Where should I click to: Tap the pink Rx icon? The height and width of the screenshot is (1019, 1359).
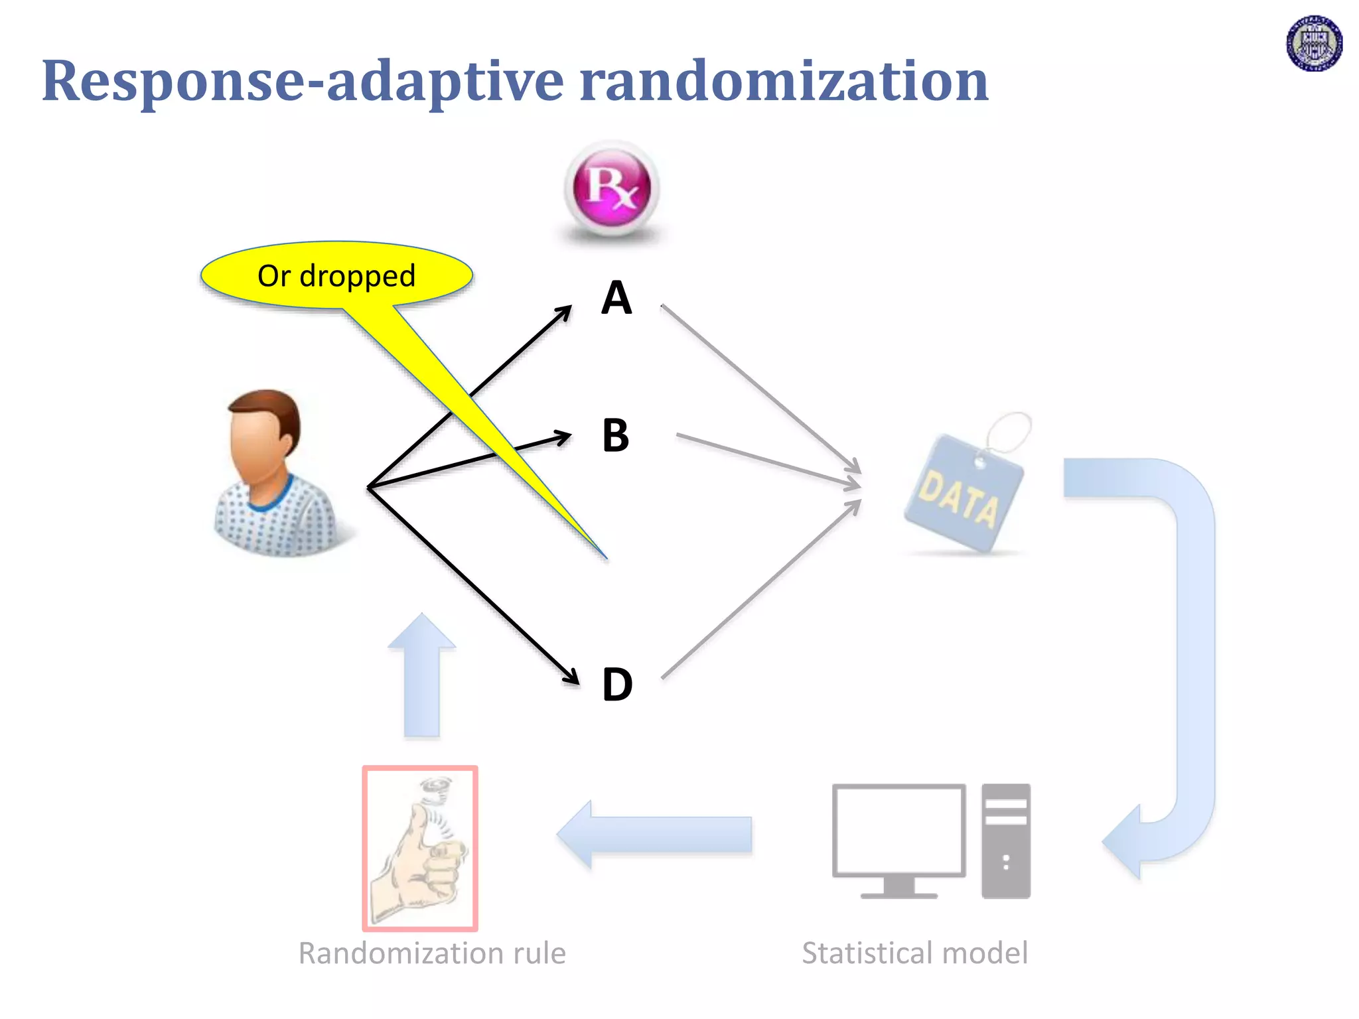(x=611, y=188)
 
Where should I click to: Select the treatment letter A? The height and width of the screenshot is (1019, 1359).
(x=616, y=298)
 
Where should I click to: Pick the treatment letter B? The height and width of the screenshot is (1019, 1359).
(x=616, y=436)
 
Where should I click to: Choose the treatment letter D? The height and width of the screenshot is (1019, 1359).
(x=617, y=685)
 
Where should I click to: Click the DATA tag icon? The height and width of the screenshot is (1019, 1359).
(x=964, y=491)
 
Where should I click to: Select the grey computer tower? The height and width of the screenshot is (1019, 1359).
(x=1006, y=841)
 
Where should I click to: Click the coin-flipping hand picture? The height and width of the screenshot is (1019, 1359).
(x=420, y=849)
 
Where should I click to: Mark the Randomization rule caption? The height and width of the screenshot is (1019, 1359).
(x=432, y=953)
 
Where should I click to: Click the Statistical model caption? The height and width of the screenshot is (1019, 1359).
(x=914, y=953)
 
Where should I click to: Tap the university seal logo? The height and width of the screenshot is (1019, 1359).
(x=1314, y=44)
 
